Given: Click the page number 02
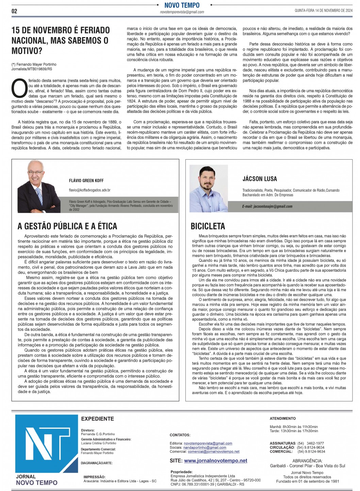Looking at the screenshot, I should [x=14, y=11].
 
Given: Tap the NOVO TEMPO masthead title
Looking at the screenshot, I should [x=182, y=5].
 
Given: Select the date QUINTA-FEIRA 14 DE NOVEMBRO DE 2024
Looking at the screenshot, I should [x=323, y=11].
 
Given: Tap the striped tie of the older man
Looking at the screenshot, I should [x=39, y=196].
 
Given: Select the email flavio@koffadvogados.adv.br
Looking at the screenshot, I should [x=89, y=190].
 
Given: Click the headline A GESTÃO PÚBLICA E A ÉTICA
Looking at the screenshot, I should [x=67, y=226].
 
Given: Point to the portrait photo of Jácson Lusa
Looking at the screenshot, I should [x=209, y=189].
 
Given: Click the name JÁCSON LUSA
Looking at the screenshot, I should [x=260, y=179].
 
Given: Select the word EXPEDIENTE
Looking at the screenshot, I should [x=97, y=419].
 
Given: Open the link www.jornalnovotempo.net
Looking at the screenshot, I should [x=215, y=460].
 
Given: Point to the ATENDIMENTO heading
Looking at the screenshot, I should [x=282, y=418].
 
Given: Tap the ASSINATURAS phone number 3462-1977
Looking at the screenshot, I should [x=315, y=443].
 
